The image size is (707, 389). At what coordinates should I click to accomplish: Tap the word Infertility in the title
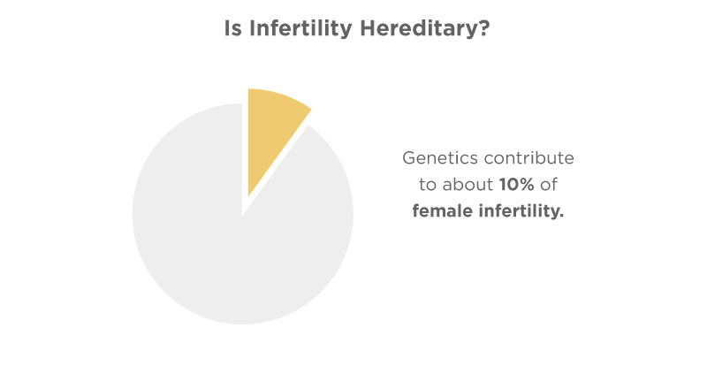[300, 28]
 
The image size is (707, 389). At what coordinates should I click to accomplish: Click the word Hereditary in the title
[417, 28]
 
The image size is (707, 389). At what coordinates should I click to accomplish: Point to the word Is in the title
[233, 28]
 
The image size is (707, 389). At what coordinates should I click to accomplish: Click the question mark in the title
[483, 28]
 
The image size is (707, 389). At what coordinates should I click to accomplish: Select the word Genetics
[439, 158]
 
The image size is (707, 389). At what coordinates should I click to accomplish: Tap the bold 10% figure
[517, 184]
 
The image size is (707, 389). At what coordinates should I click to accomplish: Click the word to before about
[428, 185]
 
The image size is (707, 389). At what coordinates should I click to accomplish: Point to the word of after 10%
[549, 184]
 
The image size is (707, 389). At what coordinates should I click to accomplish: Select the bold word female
[442, 210]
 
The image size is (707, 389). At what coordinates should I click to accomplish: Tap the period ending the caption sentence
[561, 216]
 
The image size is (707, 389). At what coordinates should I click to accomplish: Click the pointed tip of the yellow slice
[248, 196]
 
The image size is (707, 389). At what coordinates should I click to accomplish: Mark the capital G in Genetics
[409, 158]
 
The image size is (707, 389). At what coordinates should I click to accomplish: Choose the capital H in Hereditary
[369, 28]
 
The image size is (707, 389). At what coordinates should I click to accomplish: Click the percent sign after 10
[526, 185]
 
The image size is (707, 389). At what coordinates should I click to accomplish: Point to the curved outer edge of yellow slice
[282, 95]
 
